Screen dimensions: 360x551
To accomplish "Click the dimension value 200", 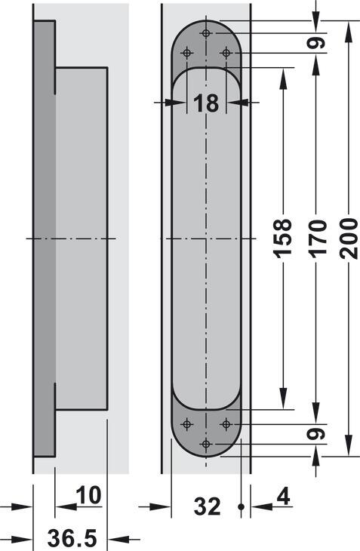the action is (349, 239).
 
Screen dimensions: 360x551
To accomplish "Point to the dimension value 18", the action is (206, 103).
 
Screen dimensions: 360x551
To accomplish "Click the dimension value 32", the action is (208, 506).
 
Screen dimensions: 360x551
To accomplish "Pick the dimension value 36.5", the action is (72, 538).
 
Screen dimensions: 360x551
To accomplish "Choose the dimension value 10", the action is (88, 495).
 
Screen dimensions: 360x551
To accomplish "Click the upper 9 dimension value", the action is (317, 43).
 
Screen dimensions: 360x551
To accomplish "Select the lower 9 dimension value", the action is (317, 434).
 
